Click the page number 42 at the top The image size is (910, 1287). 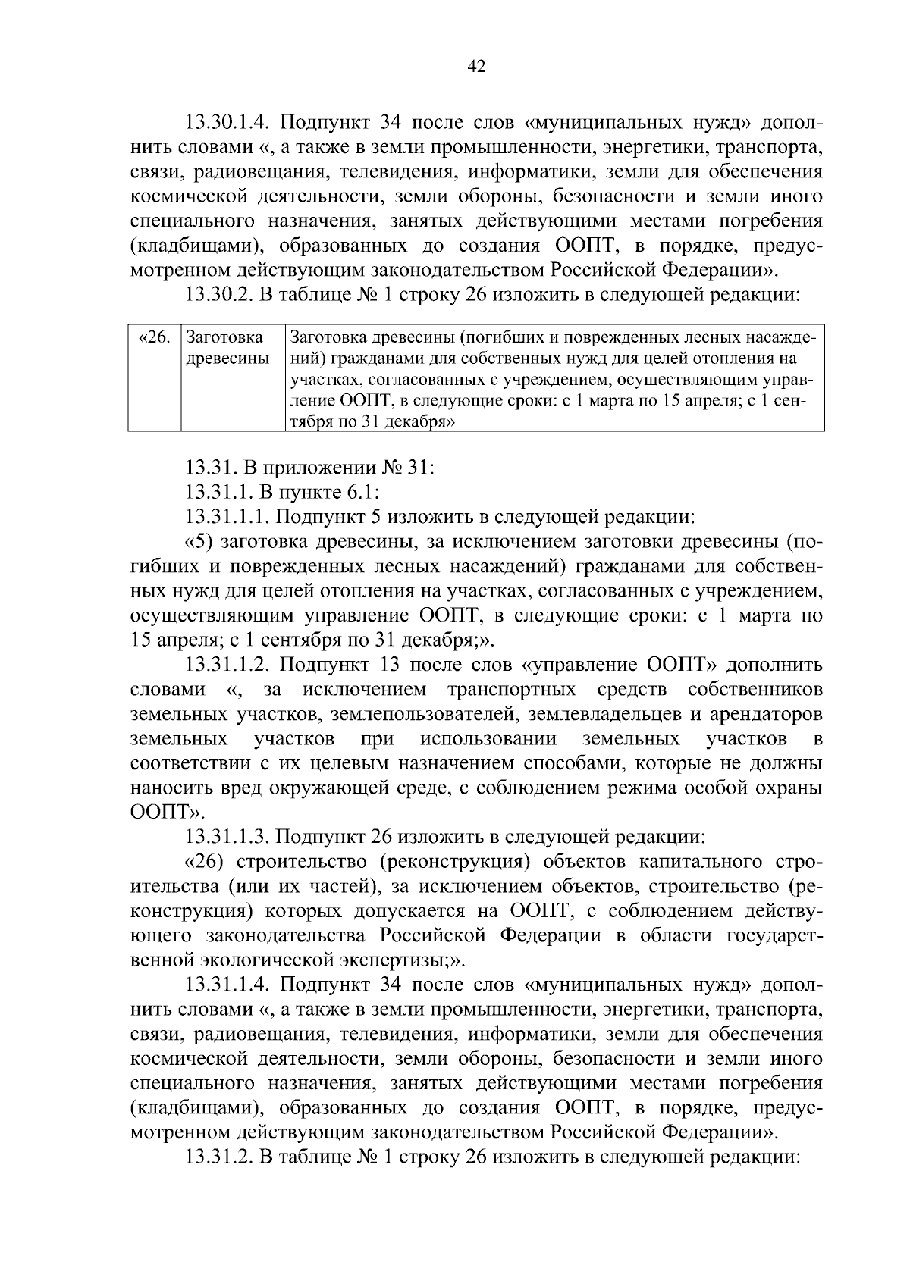pyautogui.click(x=476, y=67)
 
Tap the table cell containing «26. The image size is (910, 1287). pyautogui.click(x=155, y=337)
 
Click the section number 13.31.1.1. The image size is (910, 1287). pyautogui.click(x=227, y=517)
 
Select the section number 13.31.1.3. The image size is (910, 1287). pyautogui.click(x=227, y=837)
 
